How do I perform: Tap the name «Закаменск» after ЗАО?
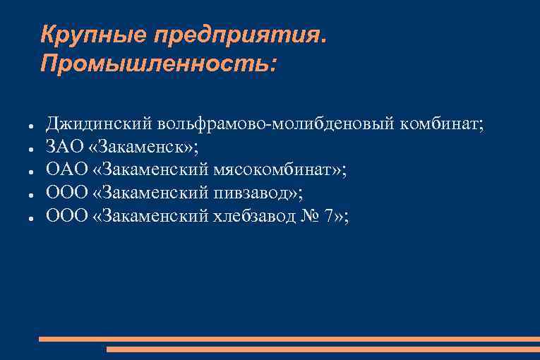coord(145,147)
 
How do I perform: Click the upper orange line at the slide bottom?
coord(289,339)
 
